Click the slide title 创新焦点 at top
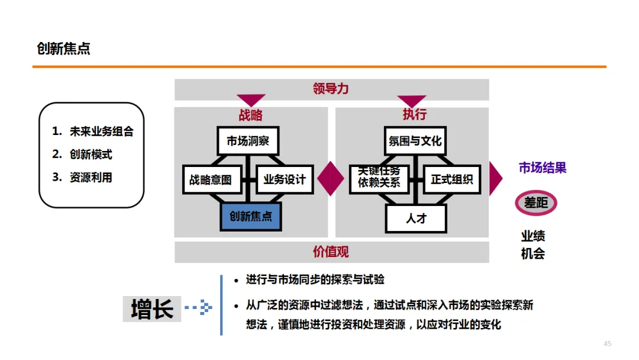pyautogui.click(x=63, y=49)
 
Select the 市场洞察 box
pyautogui.click(x=247, y=142)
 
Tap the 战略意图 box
pyautogui.click(x=211, y=179)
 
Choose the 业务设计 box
pyautogui.click(x=285, y=179)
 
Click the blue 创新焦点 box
pyautogui.click(x=251, y=216)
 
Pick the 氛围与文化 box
pyautogui.click(x=415, y=142)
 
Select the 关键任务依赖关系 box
pyautogui.click(x=379, y=178)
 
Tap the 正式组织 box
pyautogui.click(x=452, y=179)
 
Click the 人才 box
pyautogui.click(x=416, y=218)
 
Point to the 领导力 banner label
pyautogui.click(x=331, y=89)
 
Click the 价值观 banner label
pyautogui.click(x=331, y=252)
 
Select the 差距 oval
pyautogui.click(x=536, y=203)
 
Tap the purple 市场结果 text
pyautogui.click(x=543, y=168)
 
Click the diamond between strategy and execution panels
pyautogui.click(x=331, y=178)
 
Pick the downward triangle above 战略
pyautogui.click(x=250, y=99)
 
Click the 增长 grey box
pyautogui.click(x=152, y=309)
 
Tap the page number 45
pyautogui.click(x=607, y=344)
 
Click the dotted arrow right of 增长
pyautogui.click(x=198, y=308)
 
